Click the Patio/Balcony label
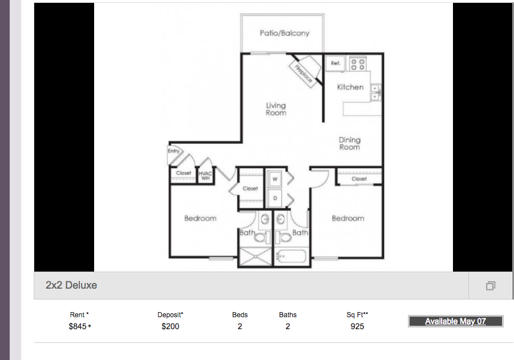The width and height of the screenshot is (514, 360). (x=285, y=33)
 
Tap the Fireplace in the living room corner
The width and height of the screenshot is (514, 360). (x=305, y=71)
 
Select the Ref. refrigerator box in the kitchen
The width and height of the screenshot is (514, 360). (x=335, y=63)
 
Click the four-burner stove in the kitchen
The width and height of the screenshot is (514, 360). (x=358, y=63)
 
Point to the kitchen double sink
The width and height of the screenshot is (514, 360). (x=375, y=92)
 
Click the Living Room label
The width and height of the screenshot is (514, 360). (x=276, y=109)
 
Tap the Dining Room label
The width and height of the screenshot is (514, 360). (x=350, y=144)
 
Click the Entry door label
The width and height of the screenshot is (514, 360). (x=174, y=151)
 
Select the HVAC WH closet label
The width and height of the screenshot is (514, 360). (x=205, y=176)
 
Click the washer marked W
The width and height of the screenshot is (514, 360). (x=275, y=179)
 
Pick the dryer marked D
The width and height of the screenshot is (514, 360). (x=275, y=198)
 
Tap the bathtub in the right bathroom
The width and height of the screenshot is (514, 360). (x=292, y=256)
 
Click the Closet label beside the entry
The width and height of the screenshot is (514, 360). (x=183, y=173)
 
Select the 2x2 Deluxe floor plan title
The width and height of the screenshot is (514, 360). (x=71, y=285)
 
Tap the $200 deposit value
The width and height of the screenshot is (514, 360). (x=171, y=326)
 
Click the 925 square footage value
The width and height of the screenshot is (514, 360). (x=357, y=326)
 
